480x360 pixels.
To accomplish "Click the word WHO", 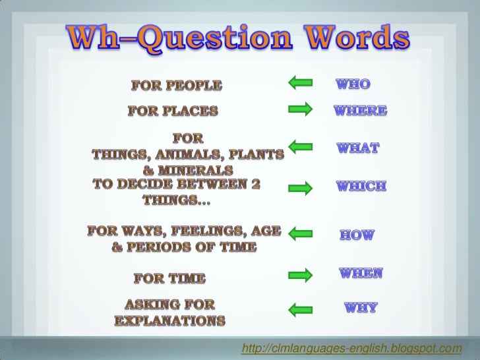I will pos(353,84).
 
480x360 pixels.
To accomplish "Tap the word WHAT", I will pos(358,149).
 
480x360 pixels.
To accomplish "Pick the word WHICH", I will pos(361,187).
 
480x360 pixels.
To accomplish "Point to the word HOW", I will pos(357,235).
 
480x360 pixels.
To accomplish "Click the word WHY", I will pos(359,308).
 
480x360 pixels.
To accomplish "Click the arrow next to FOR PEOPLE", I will pos(300,82).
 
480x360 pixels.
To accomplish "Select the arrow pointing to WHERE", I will pos(300,110).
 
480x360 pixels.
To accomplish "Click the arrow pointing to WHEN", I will pos(300,274).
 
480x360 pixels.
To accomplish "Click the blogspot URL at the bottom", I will pos(351,347).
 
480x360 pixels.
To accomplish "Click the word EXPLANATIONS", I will pos(170,321).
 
